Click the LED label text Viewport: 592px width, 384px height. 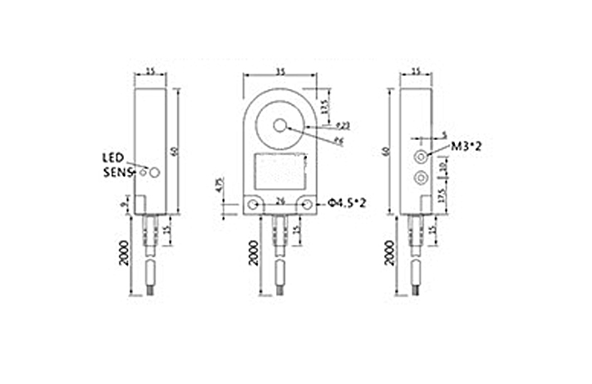click(113, 157)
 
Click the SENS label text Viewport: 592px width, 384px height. click(117, 172)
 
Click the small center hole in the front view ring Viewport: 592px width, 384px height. click(283, 125)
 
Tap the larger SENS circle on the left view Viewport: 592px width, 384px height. click(155, 171)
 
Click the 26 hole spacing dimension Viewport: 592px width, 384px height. click(280, 201)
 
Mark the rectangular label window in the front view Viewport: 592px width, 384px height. click(283, 171)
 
